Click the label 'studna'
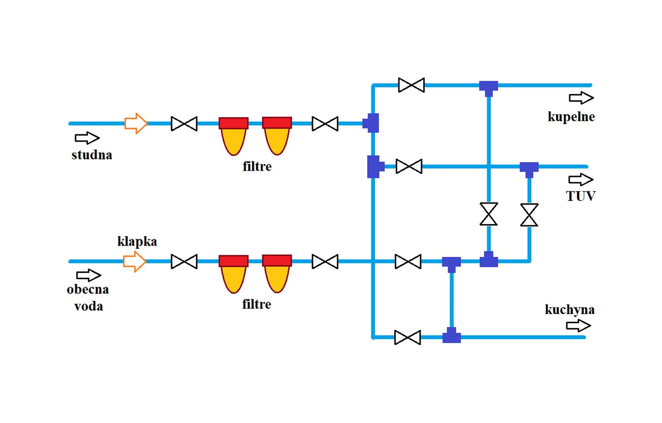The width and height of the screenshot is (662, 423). (91, 155)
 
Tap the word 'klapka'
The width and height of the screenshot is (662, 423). (137, 241)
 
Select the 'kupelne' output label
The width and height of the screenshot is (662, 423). (571, 116)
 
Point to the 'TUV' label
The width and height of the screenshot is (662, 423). (580, 196)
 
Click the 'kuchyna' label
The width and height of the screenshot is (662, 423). (570, 309)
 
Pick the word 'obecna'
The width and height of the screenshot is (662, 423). (88, 289)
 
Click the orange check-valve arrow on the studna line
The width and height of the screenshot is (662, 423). (136, 123)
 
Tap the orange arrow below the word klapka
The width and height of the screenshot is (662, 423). (134, 261)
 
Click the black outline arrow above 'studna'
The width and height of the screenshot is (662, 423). (87, 138)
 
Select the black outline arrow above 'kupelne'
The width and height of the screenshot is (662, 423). (581, 98)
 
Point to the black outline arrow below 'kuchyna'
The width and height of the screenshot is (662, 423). (578, 326)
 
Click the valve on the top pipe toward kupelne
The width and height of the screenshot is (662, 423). (411, 85)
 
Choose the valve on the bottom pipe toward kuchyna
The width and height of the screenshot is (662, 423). (408, 337)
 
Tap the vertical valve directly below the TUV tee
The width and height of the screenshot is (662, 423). (529, 215)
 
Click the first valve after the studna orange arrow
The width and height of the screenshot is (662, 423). (184, 123)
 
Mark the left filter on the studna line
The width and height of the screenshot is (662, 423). (234, 135)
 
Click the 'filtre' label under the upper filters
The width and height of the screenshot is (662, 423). (257, 167)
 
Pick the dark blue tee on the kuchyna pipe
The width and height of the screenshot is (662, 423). (451, 336)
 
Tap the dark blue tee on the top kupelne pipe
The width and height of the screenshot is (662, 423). (489, 87)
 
